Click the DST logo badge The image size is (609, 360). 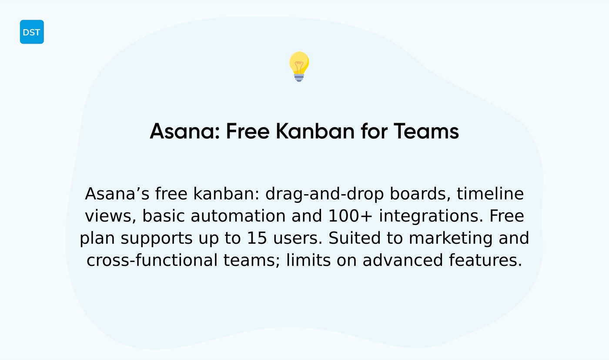32,32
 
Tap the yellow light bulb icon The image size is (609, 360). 299,64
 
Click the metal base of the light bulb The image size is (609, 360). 299,77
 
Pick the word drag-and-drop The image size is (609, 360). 325,194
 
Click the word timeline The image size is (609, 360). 490,194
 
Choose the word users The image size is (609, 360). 297,239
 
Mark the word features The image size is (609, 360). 485,261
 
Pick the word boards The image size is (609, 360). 420,194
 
